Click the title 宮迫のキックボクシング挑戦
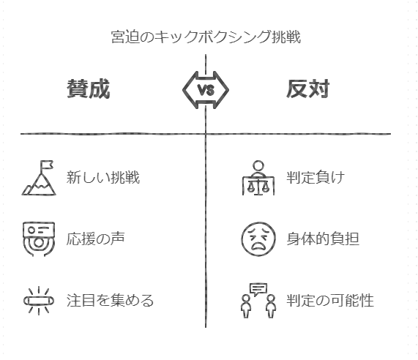point(206,37)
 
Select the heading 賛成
point(89,89)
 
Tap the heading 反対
point(308,89)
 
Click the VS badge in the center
point(206,90)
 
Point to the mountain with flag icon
point(39,178)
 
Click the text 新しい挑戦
point(103,177)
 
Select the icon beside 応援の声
point(39,239)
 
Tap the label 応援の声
point(95,239)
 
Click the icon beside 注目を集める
point(39,301)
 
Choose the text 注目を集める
point(110,300)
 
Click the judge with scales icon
point(258,178)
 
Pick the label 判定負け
point(316,177)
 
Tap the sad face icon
point(258,239)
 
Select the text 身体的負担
point(323,239)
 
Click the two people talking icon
point(258,301)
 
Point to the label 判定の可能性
point(330,300)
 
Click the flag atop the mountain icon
point(47,165)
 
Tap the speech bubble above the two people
point(258,290)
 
